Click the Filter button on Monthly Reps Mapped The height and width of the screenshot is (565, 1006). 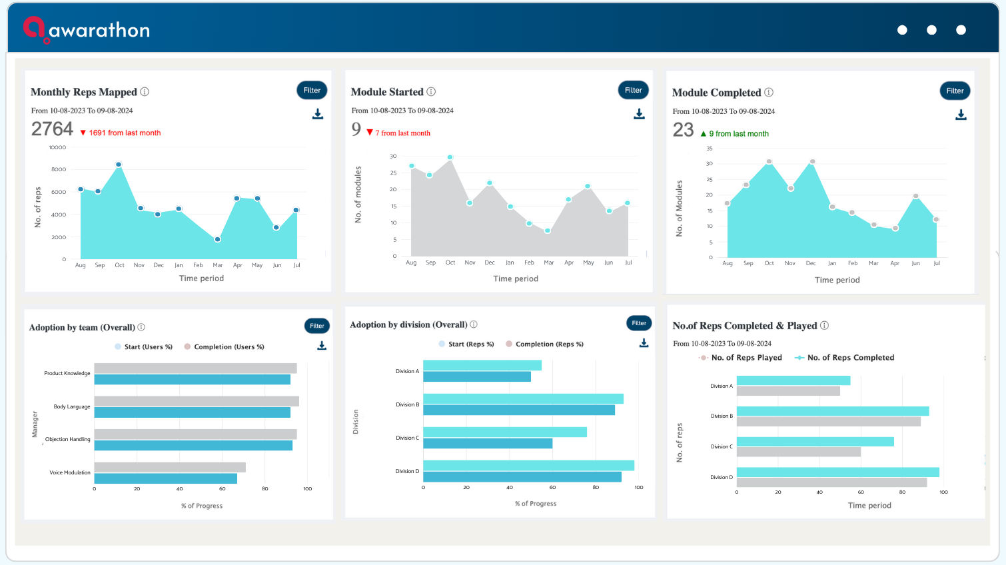coord(312,90)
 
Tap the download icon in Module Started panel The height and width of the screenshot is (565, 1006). coord(639,114)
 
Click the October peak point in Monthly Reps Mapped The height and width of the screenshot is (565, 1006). coord(119,165)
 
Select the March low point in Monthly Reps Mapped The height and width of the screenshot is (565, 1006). coord(217,239)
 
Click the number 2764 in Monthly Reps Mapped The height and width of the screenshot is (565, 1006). coord(52,129)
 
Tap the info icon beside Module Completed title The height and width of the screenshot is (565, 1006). coord(769,92)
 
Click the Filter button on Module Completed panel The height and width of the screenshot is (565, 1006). coord(955,91)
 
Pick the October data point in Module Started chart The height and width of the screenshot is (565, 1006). coord(450,157)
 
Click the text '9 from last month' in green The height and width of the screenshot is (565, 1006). coord(739,133)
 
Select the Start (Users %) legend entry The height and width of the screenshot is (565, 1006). coord(143,346)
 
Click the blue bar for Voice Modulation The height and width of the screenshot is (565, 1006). coord(165,478)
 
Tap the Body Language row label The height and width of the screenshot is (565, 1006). coord(72,406)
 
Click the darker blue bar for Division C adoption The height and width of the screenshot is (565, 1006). coord(488,443)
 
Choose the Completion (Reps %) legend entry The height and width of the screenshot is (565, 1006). coord(545,344)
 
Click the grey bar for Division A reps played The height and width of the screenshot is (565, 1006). coord(788,391)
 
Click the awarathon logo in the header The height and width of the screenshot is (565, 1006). coord(86,29)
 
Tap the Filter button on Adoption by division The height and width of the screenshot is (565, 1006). coord(639,323)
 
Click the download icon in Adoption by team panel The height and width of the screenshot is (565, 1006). coord(322,345)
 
